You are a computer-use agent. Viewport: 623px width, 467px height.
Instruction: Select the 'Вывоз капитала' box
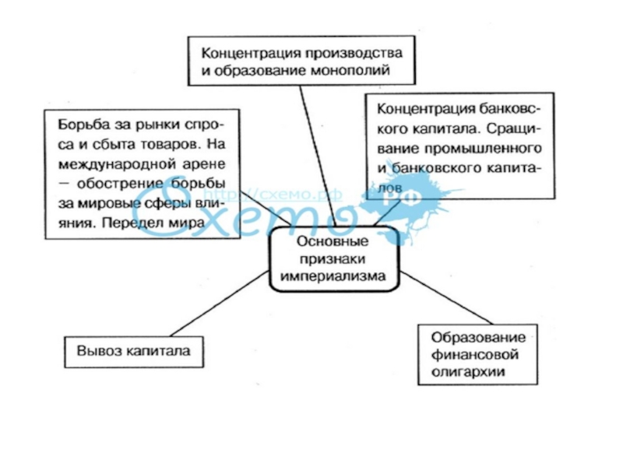point(133,350)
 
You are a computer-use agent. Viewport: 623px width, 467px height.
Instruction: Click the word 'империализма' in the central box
point(334,276)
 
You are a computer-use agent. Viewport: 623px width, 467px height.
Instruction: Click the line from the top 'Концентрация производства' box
point(315,148)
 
